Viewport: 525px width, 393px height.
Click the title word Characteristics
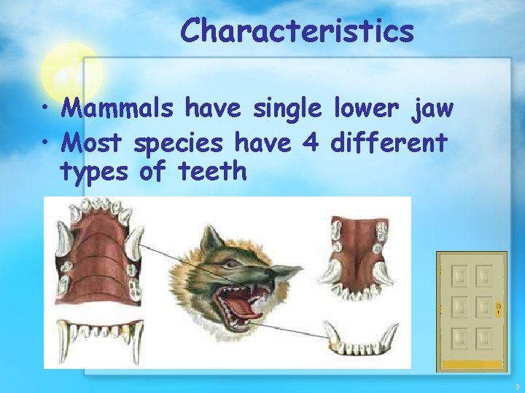click(297, 31)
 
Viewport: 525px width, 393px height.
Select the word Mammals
click(117, 109)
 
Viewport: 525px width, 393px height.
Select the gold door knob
click(499, 308)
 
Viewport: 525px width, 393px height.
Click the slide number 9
click(517, 386)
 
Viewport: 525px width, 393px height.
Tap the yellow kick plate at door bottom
click(471, 362)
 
